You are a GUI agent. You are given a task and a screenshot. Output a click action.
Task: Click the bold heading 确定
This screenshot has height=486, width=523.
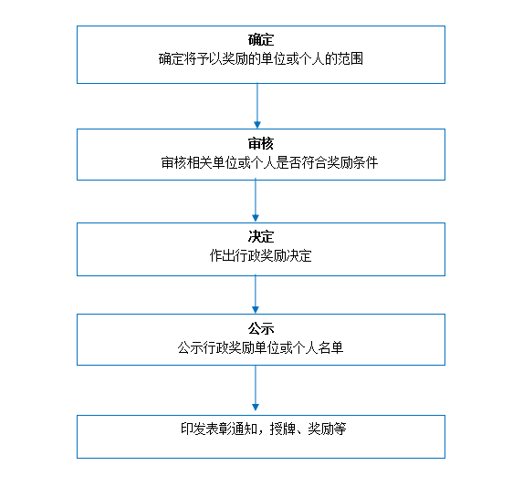click(x=261, y=40)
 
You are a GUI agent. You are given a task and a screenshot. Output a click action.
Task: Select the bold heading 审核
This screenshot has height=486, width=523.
click(x=261, y=143)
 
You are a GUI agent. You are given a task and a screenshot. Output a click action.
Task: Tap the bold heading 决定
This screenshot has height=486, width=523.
click(x=261, y=237)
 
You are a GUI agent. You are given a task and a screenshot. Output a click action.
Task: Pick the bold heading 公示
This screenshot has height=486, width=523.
click(x=261, y=329)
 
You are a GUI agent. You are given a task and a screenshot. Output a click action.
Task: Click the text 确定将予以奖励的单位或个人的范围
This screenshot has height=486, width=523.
click(x=261, y=59)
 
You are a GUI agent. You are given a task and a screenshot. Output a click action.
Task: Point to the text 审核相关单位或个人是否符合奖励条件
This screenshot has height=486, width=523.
click(x=269, y=163)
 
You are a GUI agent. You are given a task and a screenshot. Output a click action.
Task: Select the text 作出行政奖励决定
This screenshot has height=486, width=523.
click(x=261, y=256)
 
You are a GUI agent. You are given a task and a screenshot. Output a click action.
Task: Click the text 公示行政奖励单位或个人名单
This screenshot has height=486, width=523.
click(x=260, y=348)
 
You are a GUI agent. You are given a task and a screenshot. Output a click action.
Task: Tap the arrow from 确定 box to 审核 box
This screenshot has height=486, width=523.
click(x=257, y=106)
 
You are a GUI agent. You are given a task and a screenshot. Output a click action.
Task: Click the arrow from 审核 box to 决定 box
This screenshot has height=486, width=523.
click(x=256, y=201)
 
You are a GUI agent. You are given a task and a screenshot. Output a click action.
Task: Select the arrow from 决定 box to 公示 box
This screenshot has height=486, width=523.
click(x=256, y=295)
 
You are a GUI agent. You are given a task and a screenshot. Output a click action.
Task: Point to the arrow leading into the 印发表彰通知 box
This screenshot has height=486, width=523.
click(x=256, y=388)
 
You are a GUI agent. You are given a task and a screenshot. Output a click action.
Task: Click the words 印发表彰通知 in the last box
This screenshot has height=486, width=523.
click(x=219, y=429)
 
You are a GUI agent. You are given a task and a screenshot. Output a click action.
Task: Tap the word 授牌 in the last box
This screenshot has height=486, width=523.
click(x=283, y=429)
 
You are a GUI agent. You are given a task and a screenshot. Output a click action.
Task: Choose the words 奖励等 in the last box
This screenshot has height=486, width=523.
click(x=327, y=429)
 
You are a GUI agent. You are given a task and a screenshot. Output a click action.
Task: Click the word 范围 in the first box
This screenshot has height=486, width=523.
click(x=350, y=59)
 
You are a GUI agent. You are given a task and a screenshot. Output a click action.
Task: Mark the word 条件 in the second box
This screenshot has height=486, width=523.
click(x=365, y=163)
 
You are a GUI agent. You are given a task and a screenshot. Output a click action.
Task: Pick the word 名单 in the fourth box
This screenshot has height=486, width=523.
click(x=330, y=348)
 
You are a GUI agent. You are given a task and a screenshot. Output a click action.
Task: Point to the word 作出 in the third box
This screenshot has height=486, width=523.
click(x=222, y=256)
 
